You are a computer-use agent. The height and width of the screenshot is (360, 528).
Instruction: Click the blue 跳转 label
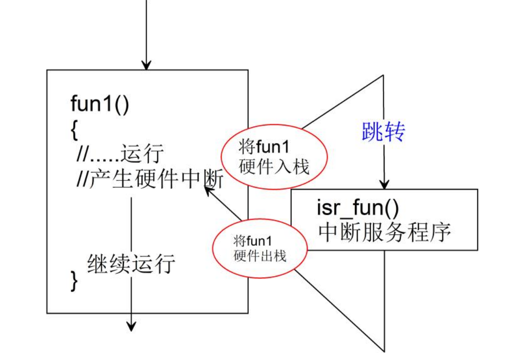coord(383,133)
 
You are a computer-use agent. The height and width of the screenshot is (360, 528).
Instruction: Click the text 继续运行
coord(131,263)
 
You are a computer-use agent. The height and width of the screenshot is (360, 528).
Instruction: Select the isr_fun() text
coord(357,207)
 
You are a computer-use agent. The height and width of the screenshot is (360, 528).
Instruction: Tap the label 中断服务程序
coord(384,232)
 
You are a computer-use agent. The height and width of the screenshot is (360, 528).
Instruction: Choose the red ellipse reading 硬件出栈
coord(260,249)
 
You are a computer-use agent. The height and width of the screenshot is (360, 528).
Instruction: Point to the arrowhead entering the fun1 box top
coord(147,66)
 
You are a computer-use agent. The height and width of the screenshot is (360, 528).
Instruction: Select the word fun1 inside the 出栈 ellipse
coord(260,242)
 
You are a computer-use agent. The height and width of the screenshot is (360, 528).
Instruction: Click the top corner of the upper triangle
coord(384,75)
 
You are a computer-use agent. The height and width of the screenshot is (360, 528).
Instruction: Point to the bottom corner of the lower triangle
coord(384,350)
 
